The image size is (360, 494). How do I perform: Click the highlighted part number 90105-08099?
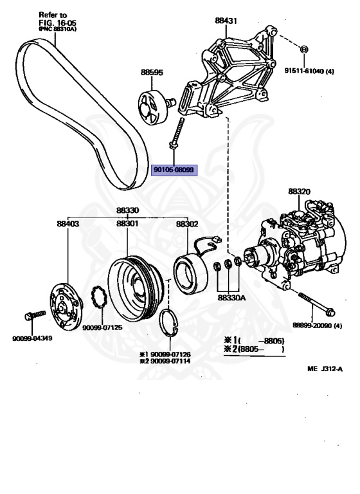click(174, 170)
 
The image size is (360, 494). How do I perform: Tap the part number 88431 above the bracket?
click(226, 21)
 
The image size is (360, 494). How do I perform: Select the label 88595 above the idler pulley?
click(152, 72)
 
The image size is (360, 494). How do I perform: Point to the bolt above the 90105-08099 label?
click(176, 133)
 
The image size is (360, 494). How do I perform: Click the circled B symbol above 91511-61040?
click(304, 49)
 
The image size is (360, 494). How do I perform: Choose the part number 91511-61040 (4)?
click(309, 71)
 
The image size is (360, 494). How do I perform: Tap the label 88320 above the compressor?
click(299, 192)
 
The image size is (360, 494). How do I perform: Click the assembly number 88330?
click(127, 210)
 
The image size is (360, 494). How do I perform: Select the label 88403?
click(68, 224)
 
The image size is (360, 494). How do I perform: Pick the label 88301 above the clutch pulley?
click(127, 224)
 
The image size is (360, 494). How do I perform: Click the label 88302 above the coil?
click(187, 224)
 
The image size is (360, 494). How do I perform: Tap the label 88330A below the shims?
click(231, 297)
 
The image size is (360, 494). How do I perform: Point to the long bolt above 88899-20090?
click(316, 304)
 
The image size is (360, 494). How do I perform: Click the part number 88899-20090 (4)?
click(317, 325)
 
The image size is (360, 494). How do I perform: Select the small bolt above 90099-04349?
click(35, 315)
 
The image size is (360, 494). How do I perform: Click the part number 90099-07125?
click(102, 327)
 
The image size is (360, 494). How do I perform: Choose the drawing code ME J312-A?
click(325, 369)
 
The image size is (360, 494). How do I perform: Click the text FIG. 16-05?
click(57, 23)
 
